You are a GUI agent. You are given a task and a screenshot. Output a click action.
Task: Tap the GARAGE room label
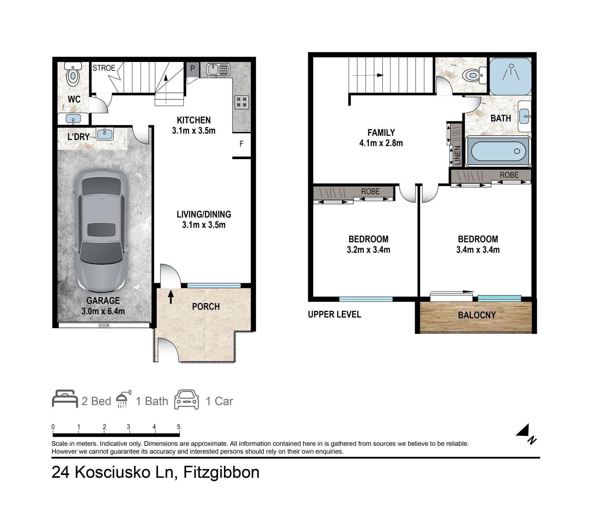coord(103,301)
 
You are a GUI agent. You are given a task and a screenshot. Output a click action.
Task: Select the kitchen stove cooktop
coord(242,102)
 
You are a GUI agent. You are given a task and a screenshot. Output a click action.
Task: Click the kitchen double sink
coord(218,69)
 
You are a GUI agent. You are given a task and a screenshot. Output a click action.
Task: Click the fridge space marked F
coord(241,144)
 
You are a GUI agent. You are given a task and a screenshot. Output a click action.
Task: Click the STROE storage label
coord(104,68)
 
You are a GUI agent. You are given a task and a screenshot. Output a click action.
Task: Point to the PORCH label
coord(206,307)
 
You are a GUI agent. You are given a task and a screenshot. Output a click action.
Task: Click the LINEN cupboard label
coord(457,155)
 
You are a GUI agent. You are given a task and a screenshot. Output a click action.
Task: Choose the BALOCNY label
coord(477,315)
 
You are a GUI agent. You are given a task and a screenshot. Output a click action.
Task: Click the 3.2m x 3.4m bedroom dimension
coord(368,250)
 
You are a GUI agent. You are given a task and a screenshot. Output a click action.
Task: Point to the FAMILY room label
coord(381,133)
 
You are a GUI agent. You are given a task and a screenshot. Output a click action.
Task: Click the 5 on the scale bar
coord(179,427)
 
